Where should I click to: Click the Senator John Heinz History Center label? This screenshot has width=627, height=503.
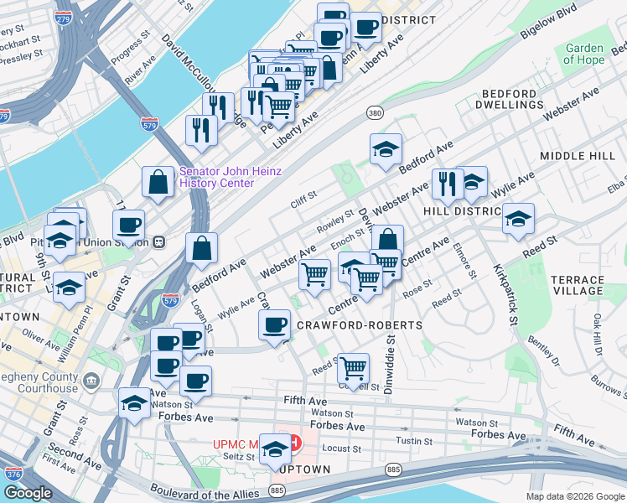point(231,177)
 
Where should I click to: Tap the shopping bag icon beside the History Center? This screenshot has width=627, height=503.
point(158,182)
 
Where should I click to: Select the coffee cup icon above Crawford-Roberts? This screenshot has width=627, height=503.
point(274,325)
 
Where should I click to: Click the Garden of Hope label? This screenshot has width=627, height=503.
point(583,54)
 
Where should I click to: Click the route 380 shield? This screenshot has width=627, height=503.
point(374,111)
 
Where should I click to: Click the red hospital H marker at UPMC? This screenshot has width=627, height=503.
point(293,442)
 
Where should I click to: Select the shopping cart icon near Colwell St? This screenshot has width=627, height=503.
point(354,367)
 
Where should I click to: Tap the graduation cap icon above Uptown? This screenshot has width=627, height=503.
point(274,450)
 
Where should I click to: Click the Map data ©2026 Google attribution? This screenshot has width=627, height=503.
point(575,496)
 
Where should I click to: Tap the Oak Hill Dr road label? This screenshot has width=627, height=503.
point(598,333)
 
